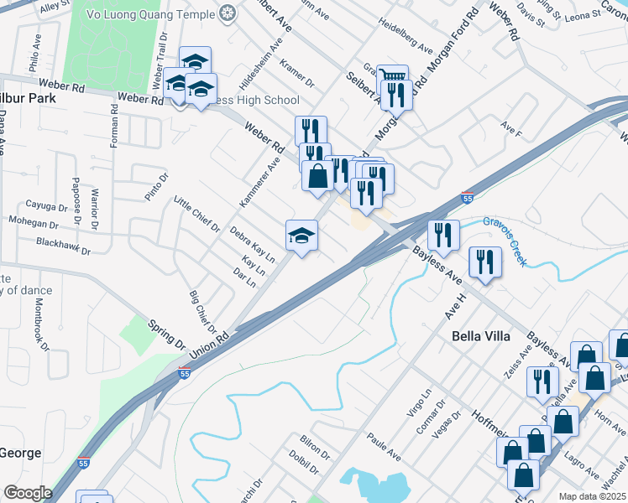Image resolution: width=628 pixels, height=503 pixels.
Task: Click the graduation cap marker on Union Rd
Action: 302,235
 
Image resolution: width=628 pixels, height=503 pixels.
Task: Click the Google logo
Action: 27,493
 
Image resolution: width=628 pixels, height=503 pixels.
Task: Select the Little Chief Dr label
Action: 196,215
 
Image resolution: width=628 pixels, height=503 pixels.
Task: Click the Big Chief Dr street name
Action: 202,312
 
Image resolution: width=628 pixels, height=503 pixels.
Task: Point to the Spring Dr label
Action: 166,334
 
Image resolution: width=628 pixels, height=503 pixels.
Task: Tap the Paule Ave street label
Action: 385,446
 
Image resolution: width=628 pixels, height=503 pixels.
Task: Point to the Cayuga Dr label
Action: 46,207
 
